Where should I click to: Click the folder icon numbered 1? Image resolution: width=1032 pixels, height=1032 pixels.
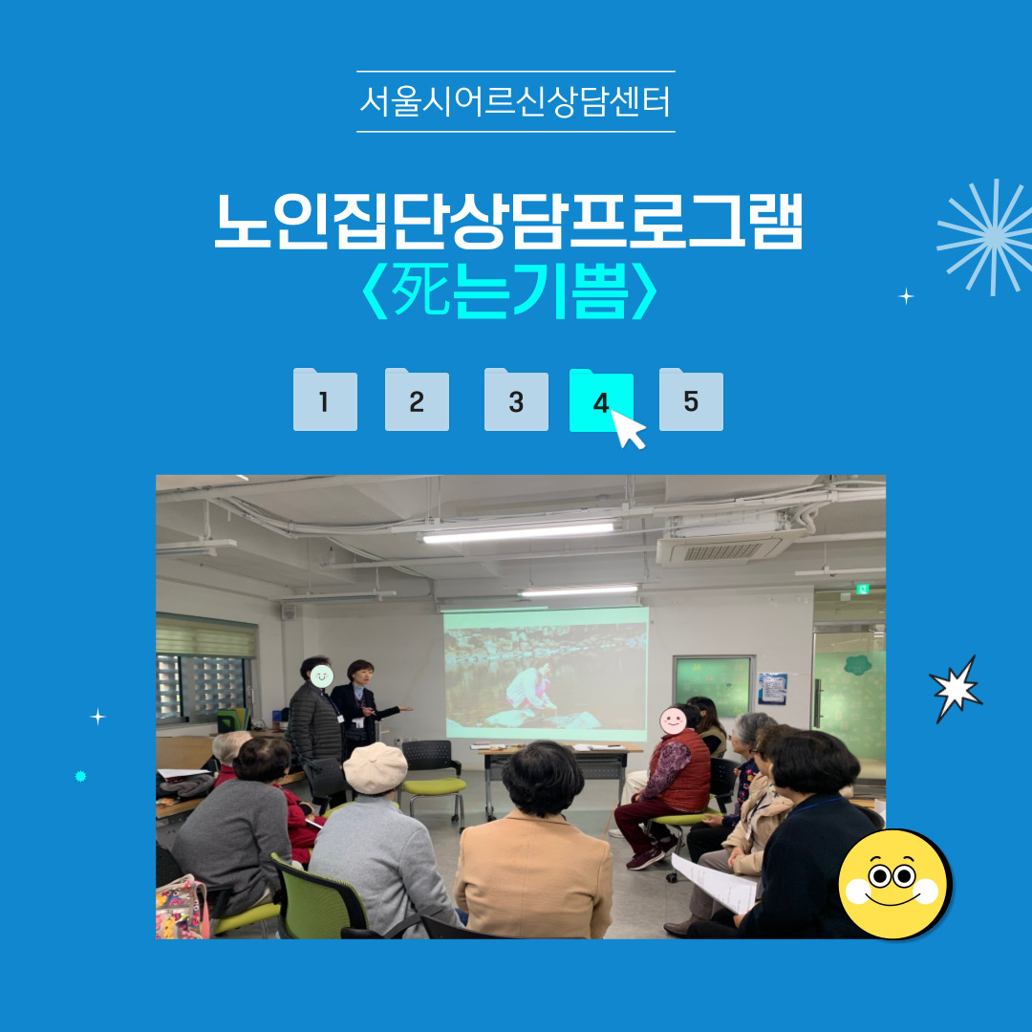click(325, 399)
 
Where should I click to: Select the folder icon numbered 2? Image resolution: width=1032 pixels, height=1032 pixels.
click(417, 399)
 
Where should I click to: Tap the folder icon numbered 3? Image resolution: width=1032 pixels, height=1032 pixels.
click(516, 399)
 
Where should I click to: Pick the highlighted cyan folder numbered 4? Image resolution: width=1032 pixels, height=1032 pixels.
click(601, 399)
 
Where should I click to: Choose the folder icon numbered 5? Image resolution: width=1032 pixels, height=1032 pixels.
click(691, 399)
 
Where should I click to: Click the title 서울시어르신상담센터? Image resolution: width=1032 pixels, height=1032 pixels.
click(515, 102)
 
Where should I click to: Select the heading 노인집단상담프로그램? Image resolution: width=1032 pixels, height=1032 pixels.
click(508, 221)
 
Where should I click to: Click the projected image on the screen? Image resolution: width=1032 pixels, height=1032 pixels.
click(547, 675)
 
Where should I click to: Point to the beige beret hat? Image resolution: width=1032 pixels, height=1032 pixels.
click(376, 767)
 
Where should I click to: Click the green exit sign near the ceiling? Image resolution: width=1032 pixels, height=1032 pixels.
click(862, 589)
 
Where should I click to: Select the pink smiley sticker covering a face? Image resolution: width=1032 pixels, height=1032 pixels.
click(673, 720)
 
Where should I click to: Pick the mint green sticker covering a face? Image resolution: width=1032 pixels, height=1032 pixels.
click(321, 676)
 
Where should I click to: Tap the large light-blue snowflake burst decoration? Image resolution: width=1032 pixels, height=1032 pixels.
click(987, 237)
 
